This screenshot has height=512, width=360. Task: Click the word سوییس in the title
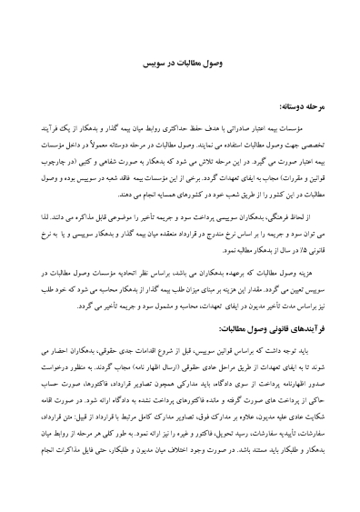pyautogui.click(x=161, y=65)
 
